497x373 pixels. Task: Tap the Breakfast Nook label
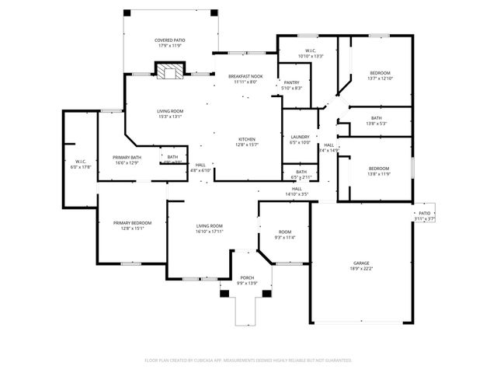(x=245, y=76)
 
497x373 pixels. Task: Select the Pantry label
(x=292, y=82)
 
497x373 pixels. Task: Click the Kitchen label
(x=246, y=139)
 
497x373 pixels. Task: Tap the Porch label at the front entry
(x=247, y=277)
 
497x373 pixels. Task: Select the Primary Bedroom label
(x=130, y=223)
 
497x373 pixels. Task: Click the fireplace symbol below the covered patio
(x=169, y=72)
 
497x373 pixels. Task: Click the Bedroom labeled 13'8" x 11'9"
(x=378, y=169)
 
